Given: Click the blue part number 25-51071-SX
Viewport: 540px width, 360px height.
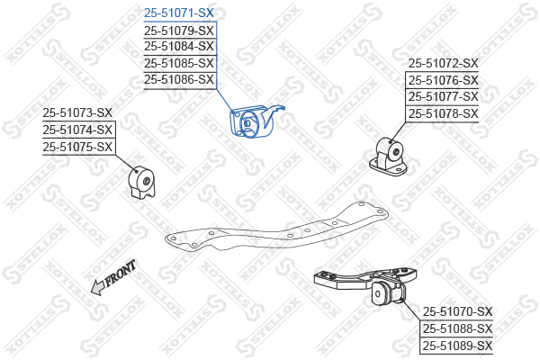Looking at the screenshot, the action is tap(179, 13).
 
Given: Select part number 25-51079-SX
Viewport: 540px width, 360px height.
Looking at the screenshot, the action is tap(179, 31).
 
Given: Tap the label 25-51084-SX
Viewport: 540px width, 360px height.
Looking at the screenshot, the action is tap(179, 46).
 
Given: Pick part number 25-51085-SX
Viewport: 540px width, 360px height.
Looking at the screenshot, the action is tap(179, 63).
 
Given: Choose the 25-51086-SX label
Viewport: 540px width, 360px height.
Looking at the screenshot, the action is tap(179, 79).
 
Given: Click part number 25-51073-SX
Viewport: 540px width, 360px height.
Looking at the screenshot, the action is tap(77, 112).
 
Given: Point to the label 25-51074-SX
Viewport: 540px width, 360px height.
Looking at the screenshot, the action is tap(77, 130).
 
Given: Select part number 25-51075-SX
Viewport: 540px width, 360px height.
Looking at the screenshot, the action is tap(77, 147).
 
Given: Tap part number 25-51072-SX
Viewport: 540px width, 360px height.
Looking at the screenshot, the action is tap(443, 63).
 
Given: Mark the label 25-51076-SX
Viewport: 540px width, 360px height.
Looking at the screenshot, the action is tap(443, 81).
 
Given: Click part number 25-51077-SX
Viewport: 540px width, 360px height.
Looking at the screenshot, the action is tap(443, 97).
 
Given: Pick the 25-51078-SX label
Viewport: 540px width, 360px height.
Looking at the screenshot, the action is tap(443, 113).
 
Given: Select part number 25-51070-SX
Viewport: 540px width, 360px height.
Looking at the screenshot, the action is tap(458, 311).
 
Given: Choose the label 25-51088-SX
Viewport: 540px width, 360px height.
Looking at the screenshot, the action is tap(458, 328).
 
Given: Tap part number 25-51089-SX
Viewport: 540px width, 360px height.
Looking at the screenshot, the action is tap(458, 346).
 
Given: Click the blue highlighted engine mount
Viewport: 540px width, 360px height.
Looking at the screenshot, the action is tap(253, 121).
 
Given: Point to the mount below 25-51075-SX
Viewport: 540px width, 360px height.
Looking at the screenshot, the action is tap(142, 183).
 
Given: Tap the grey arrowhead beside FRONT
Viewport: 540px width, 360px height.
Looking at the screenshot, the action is tap(97, 287).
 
